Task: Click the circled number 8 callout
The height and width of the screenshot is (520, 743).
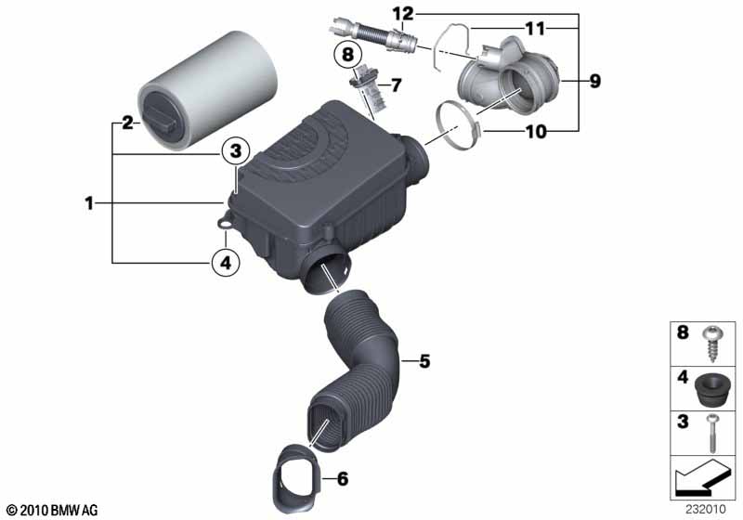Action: point(347,54)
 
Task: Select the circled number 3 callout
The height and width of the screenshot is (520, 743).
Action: point(236,151)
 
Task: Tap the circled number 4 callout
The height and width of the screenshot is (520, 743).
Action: point(226,262)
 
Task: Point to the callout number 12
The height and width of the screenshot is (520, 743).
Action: point(403,14)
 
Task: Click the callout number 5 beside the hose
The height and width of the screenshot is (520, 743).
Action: point(424,361)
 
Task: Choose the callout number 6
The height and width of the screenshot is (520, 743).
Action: point(342,479)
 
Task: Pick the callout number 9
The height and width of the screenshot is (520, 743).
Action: point(594,81)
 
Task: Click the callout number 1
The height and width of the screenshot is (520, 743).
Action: point(89,203)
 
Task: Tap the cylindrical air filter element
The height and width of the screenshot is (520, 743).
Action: point(207,90)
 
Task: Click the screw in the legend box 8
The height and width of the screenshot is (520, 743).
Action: point(712,344)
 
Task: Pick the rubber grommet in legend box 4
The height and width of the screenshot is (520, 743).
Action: point(711,388)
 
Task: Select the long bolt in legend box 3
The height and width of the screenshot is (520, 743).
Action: point(711,433)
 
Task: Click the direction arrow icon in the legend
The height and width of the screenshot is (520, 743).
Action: point(700,480)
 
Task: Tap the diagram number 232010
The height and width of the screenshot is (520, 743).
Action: point(706,509)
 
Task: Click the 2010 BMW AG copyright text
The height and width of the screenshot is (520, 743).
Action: point(53,510)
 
